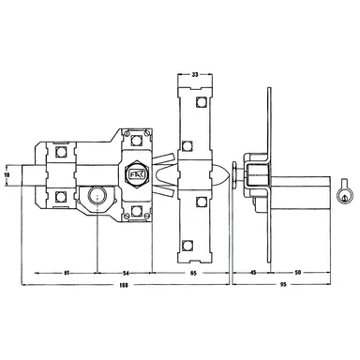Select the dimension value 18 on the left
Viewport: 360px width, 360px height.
click(8, 174)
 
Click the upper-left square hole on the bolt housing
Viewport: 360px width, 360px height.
click(62, 150)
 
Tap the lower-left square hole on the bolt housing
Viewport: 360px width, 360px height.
click(62, 197)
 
